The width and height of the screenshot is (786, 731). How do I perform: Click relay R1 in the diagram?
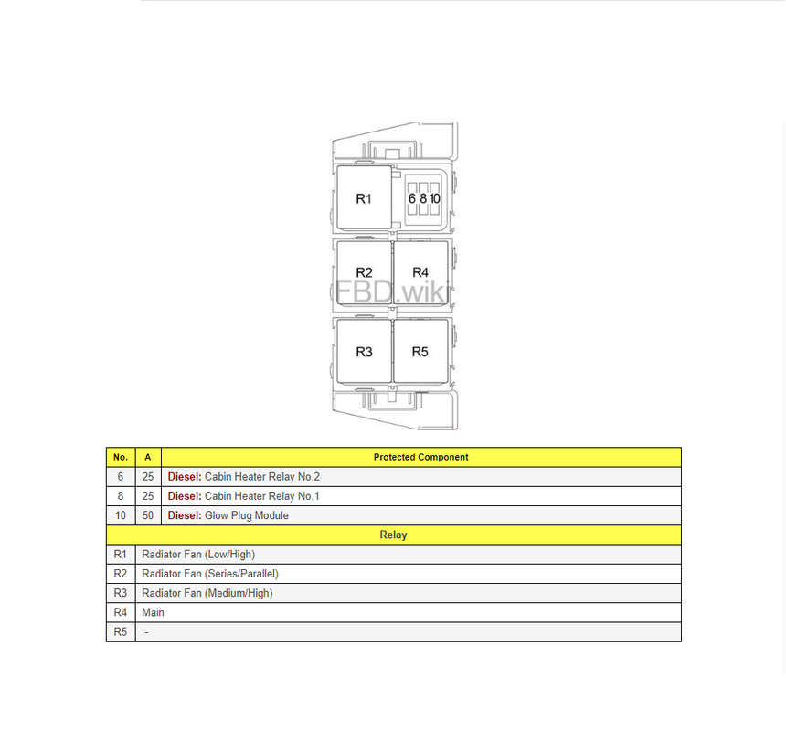coord(364,198)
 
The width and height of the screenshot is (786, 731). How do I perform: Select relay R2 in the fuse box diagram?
coord(364,272)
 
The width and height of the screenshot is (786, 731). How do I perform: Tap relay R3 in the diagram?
coord(364,352)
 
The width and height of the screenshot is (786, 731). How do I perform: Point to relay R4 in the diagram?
coord(420,272)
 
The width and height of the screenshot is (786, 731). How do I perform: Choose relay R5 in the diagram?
coord(420,352)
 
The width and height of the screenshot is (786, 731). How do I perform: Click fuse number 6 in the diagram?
coord(412,198)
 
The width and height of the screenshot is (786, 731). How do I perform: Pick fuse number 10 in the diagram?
coord(435,198)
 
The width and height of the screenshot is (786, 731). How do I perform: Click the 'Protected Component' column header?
coord(420,457)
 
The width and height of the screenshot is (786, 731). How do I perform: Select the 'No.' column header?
coord(121,457)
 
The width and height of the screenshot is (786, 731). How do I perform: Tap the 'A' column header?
coord(148,457)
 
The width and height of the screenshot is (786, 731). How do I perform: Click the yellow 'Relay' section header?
coord(393,535)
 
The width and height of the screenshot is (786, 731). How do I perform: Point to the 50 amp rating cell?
coord(148,515)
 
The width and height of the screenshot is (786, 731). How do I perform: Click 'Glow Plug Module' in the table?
coord(246,515)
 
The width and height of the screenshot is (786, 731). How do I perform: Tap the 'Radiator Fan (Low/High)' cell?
coord(198,555)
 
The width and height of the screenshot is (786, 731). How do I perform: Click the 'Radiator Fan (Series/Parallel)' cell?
coord(210,574)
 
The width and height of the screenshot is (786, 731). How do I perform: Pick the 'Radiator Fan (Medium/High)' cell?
coord(207,593)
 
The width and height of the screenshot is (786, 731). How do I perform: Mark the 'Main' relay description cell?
coord(154,612)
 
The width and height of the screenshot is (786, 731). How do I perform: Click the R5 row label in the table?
coord(121,632)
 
